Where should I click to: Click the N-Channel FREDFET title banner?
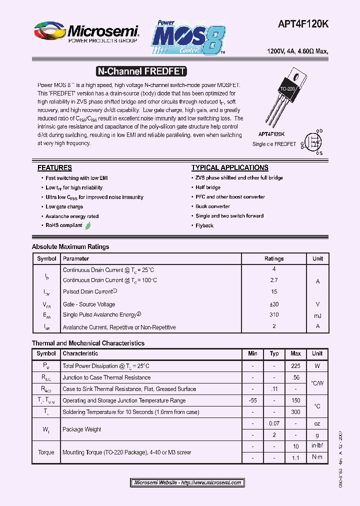(140, 71)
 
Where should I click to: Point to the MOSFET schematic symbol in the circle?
(313, 142)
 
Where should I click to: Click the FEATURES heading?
(54, 168)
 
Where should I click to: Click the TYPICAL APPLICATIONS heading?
(229, 168)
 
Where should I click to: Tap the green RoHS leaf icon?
(88, 225)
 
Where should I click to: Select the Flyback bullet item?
(204, 225)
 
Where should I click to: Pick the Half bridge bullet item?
(208, 187)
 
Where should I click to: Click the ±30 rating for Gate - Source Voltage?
(274, 304)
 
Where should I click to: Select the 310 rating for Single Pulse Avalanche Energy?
(274, 315)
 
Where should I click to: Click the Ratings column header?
(274, 259)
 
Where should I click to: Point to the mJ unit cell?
(317, 315)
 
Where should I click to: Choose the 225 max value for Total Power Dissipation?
(295, 366)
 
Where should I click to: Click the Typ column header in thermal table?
(274, 353)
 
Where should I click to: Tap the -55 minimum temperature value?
(252, 400)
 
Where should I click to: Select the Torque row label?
(46, 452)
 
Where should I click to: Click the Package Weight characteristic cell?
(82, 429)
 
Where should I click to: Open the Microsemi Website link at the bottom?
(188, 482)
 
